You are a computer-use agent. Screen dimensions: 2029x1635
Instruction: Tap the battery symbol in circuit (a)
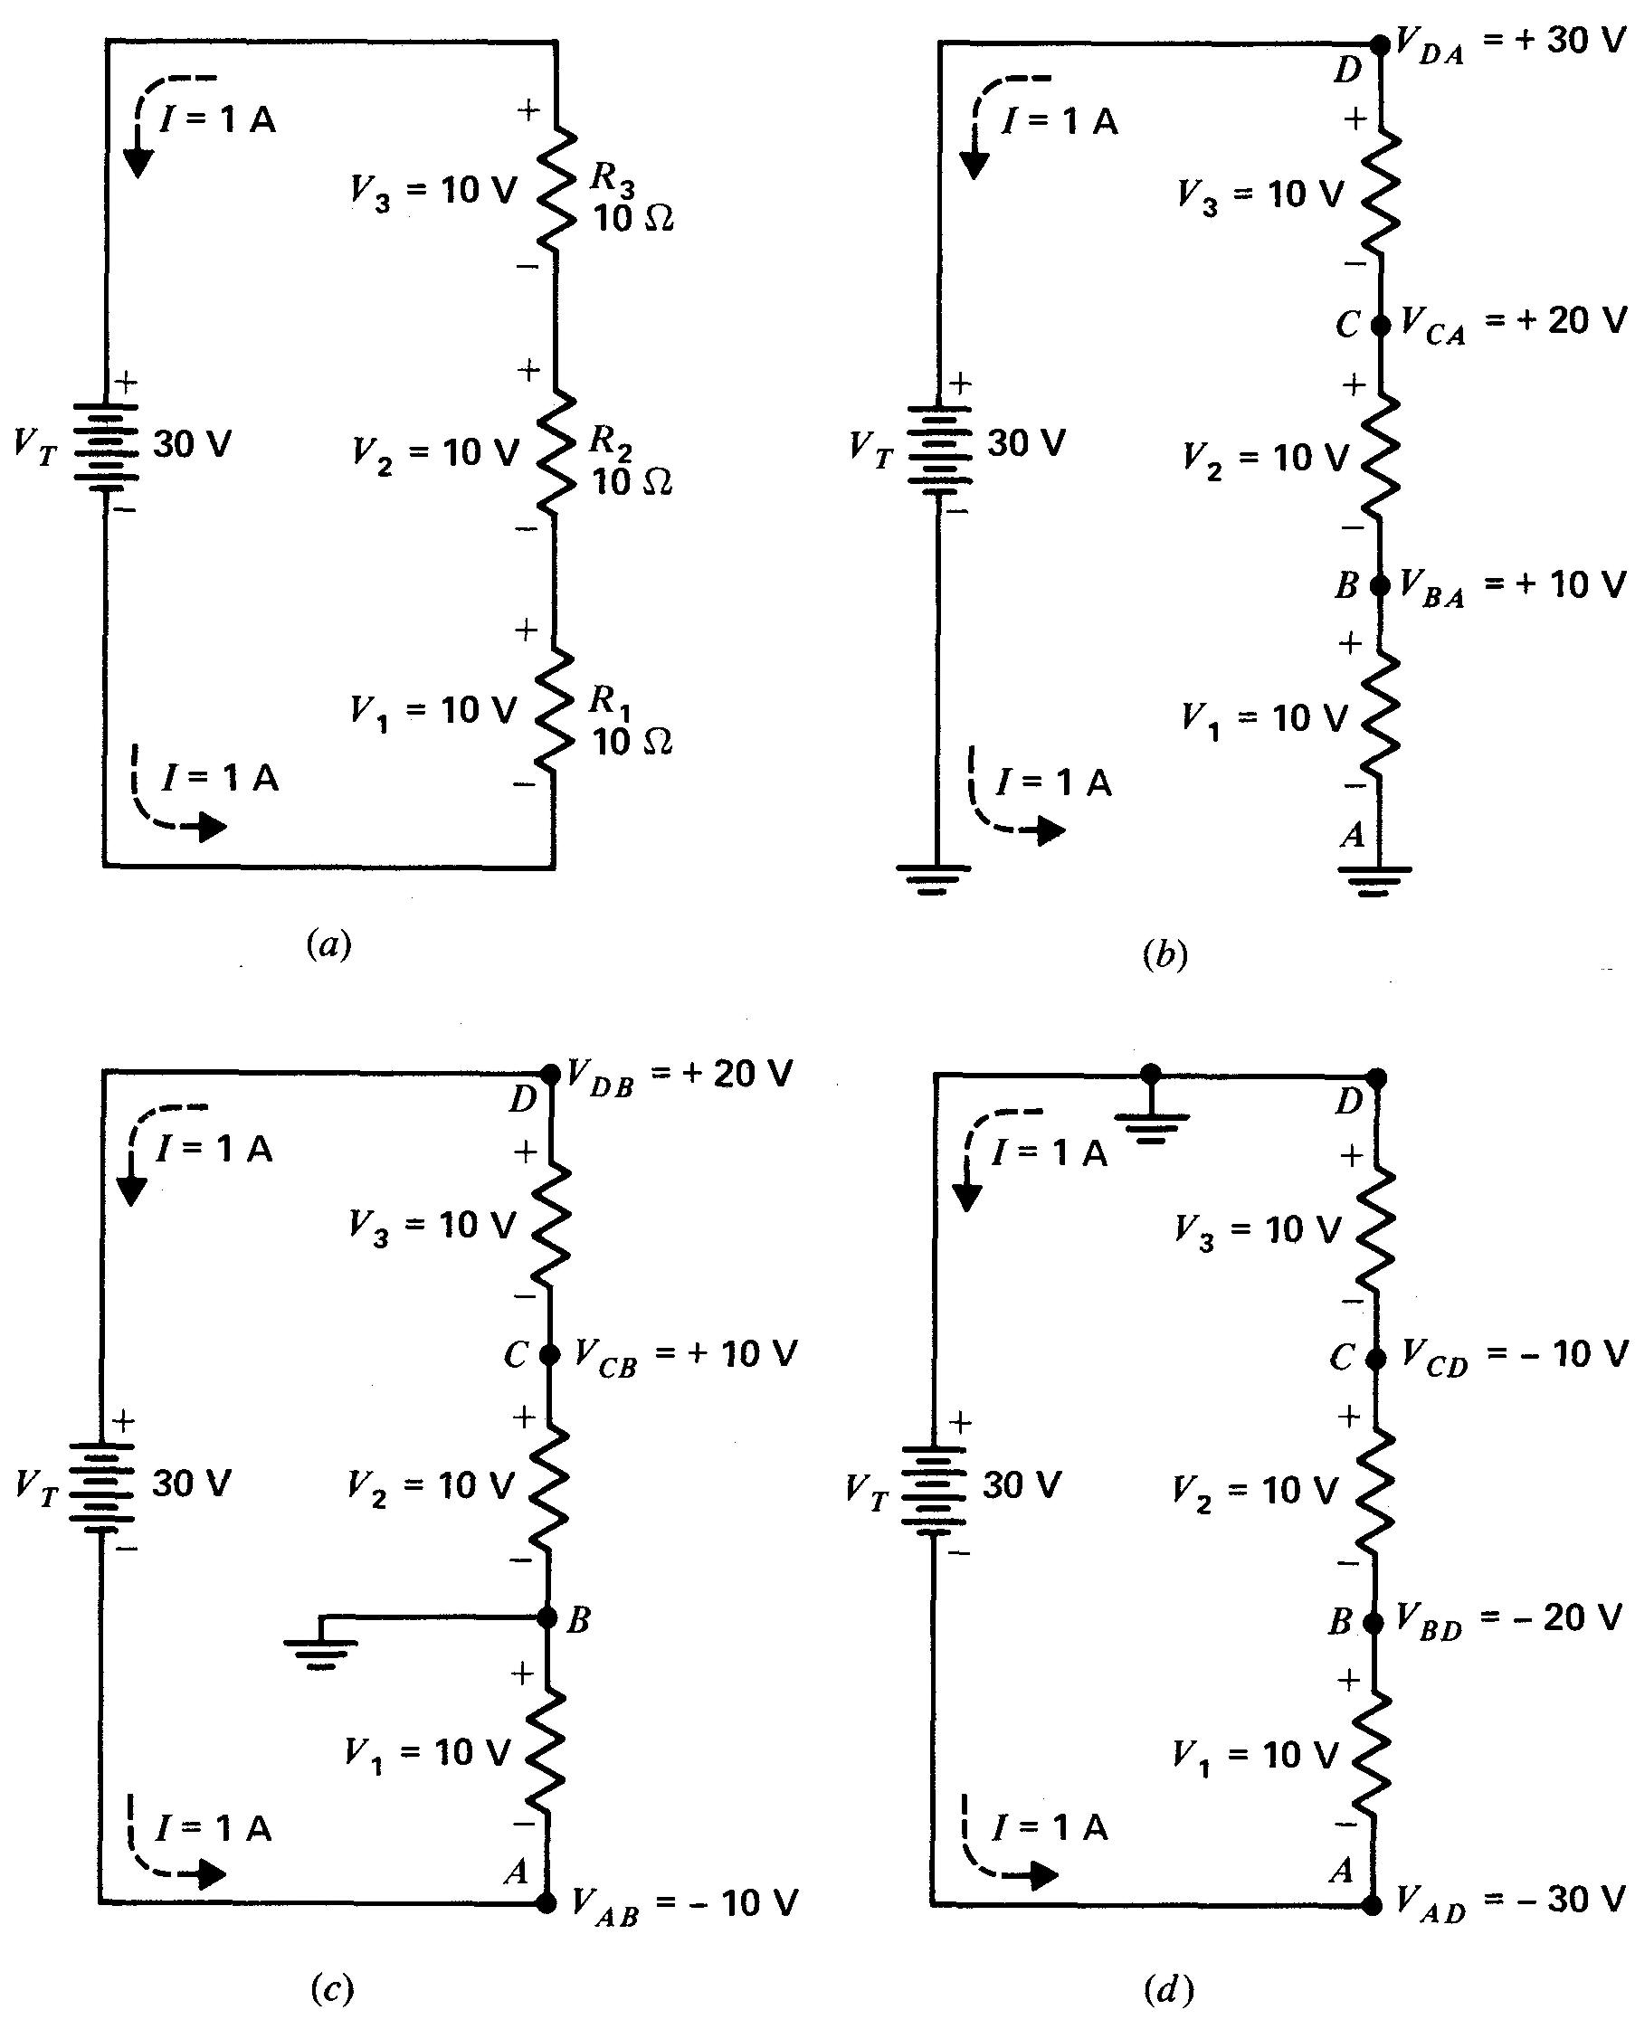(x=106, y=446)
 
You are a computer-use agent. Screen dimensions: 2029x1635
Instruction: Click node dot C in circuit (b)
(x=1380, y=326)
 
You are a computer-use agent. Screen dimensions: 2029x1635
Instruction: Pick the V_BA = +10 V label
(x=1512, y=586)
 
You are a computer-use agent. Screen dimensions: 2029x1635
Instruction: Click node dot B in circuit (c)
(x=547, y=1617)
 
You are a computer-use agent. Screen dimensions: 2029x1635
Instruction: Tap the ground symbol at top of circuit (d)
(x=1151, y=1124)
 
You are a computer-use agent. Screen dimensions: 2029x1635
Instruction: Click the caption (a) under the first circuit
(x=328, y=943)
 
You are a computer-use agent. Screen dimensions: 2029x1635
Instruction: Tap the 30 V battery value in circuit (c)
(x=191, y=1483)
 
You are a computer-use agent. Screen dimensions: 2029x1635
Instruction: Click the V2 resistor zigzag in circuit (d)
(x=1375, y=1491)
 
